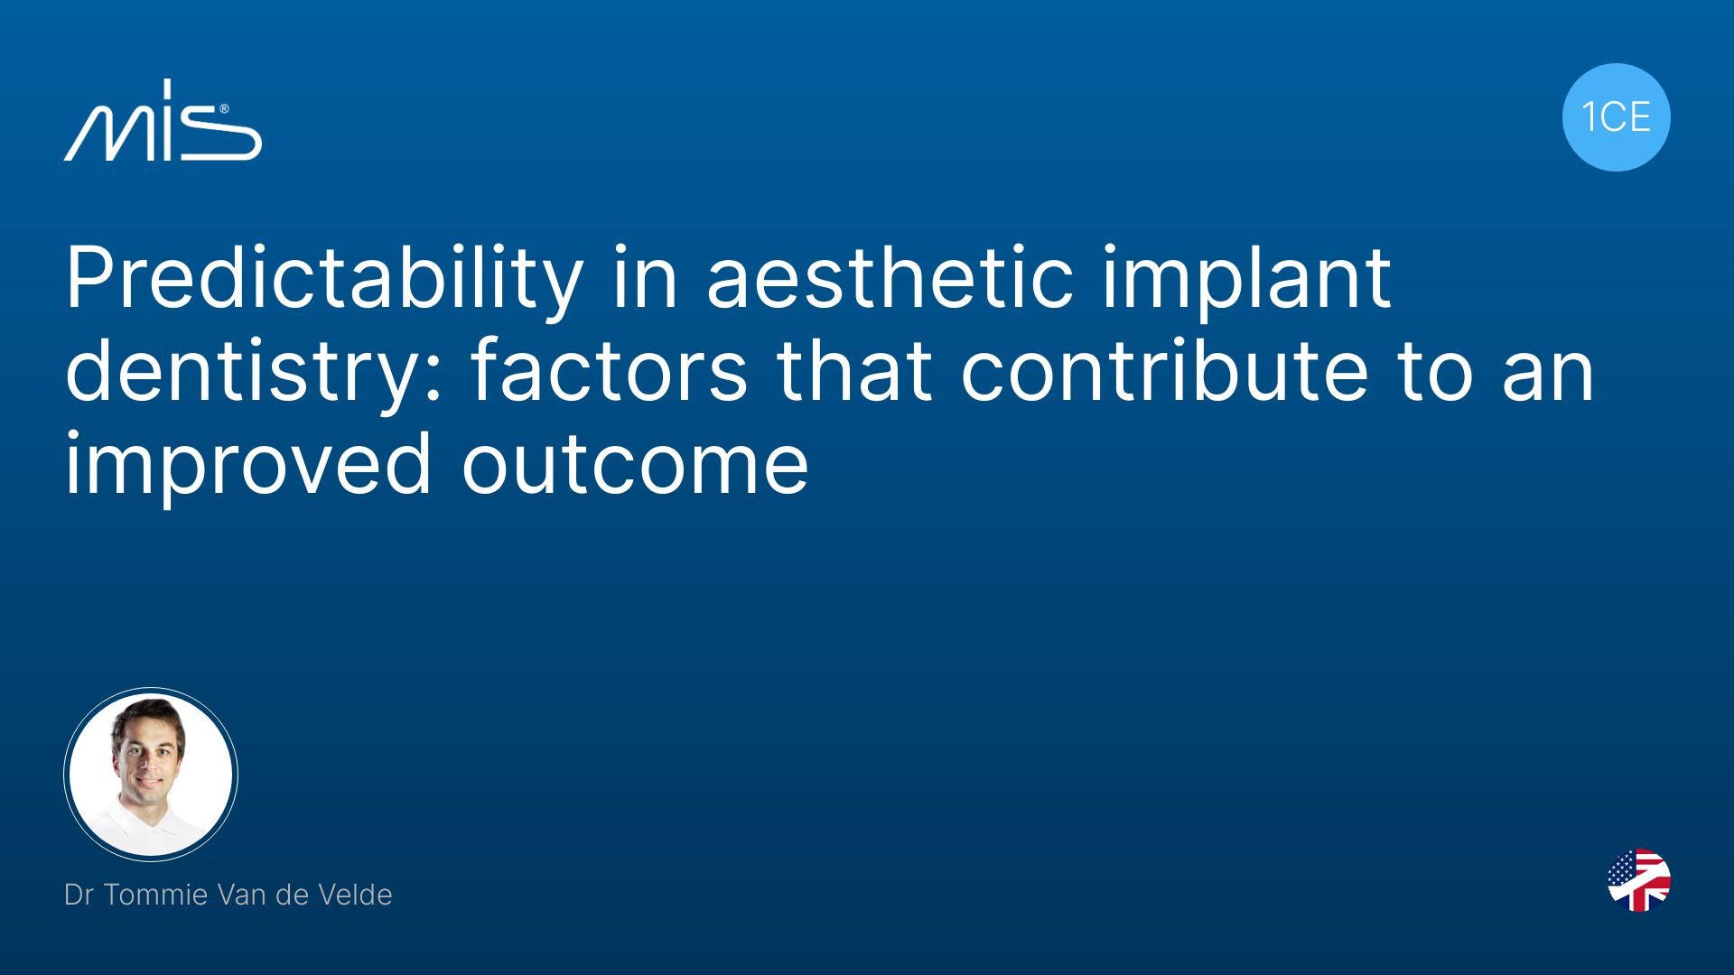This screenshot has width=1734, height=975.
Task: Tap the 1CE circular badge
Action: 1616,117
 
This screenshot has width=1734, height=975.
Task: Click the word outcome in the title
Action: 635,464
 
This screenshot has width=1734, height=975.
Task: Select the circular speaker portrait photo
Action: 151,775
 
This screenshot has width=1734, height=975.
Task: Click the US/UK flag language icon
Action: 1639,880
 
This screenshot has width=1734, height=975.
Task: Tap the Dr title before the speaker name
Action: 79,895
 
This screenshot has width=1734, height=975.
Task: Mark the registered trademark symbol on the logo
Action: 224,109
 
